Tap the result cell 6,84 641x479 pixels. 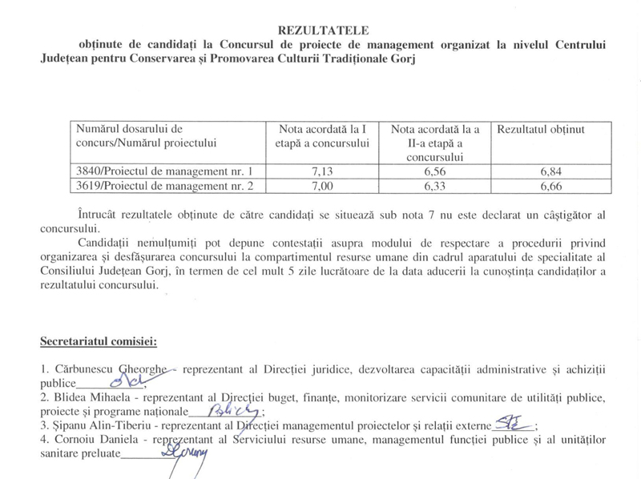pos(551,171)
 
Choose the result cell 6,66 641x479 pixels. pos(551,186)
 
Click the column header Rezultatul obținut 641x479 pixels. pos(541,129)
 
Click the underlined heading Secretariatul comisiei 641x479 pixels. pos(99,342)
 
